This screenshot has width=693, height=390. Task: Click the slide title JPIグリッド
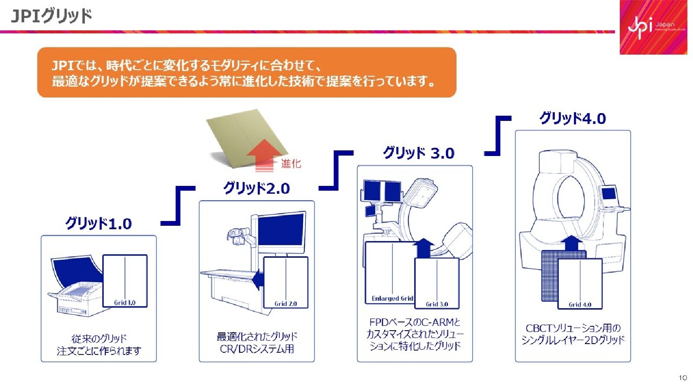tap(52, 16)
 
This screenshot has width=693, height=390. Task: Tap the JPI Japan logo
tap(653, 27)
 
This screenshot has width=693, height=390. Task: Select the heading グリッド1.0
tap(98, 224)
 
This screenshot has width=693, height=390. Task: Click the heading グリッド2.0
tap(256, 188)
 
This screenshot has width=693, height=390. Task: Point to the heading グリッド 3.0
tap(418, 153)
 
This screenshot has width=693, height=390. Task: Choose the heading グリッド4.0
tap(572, 118)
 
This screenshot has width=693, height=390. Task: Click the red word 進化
tap(291, 164)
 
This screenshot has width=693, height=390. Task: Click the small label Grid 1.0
tap(125, 302)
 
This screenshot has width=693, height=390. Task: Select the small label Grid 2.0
tap(285, 304)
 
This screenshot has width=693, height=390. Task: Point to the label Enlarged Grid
tap(392, 299)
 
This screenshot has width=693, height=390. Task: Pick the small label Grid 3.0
tap(437, 304)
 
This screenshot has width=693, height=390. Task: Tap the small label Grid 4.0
tap(580, 305)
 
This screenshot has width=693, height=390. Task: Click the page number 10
tap(683, 378)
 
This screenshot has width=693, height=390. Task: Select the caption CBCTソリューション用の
tap(573, 328)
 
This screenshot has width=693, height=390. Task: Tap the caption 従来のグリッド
tap(99, 338)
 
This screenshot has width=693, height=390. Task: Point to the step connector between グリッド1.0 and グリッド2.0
tap(178, 206)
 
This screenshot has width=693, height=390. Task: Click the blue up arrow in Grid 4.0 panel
tap(574, 244)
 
